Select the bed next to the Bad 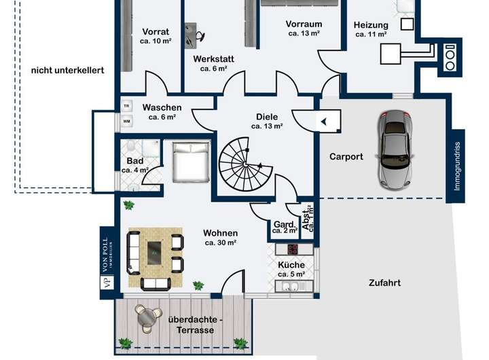(x=190, y=161)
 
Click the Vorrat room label (x=156, y=32)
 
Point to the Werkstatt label (x=213, y=59)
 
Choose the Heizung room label (x=371, y=26)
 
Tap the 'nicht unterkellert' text (x=68, y=70)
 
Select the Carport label (x=346, y=156)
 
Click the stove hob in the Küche (x=293, y=249)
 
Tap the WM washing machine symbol (x=127, y=122)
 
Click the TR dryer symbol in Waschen (x=127, y=105)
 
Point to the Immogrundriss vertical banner (x=456, y=166)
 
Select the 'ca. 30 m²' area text (x=220, y=242)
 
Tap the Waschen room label (x=162, y=107)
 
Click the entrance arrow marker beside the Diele (x=324, y=122)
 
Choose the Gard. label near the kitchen (x=283, y=223)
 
